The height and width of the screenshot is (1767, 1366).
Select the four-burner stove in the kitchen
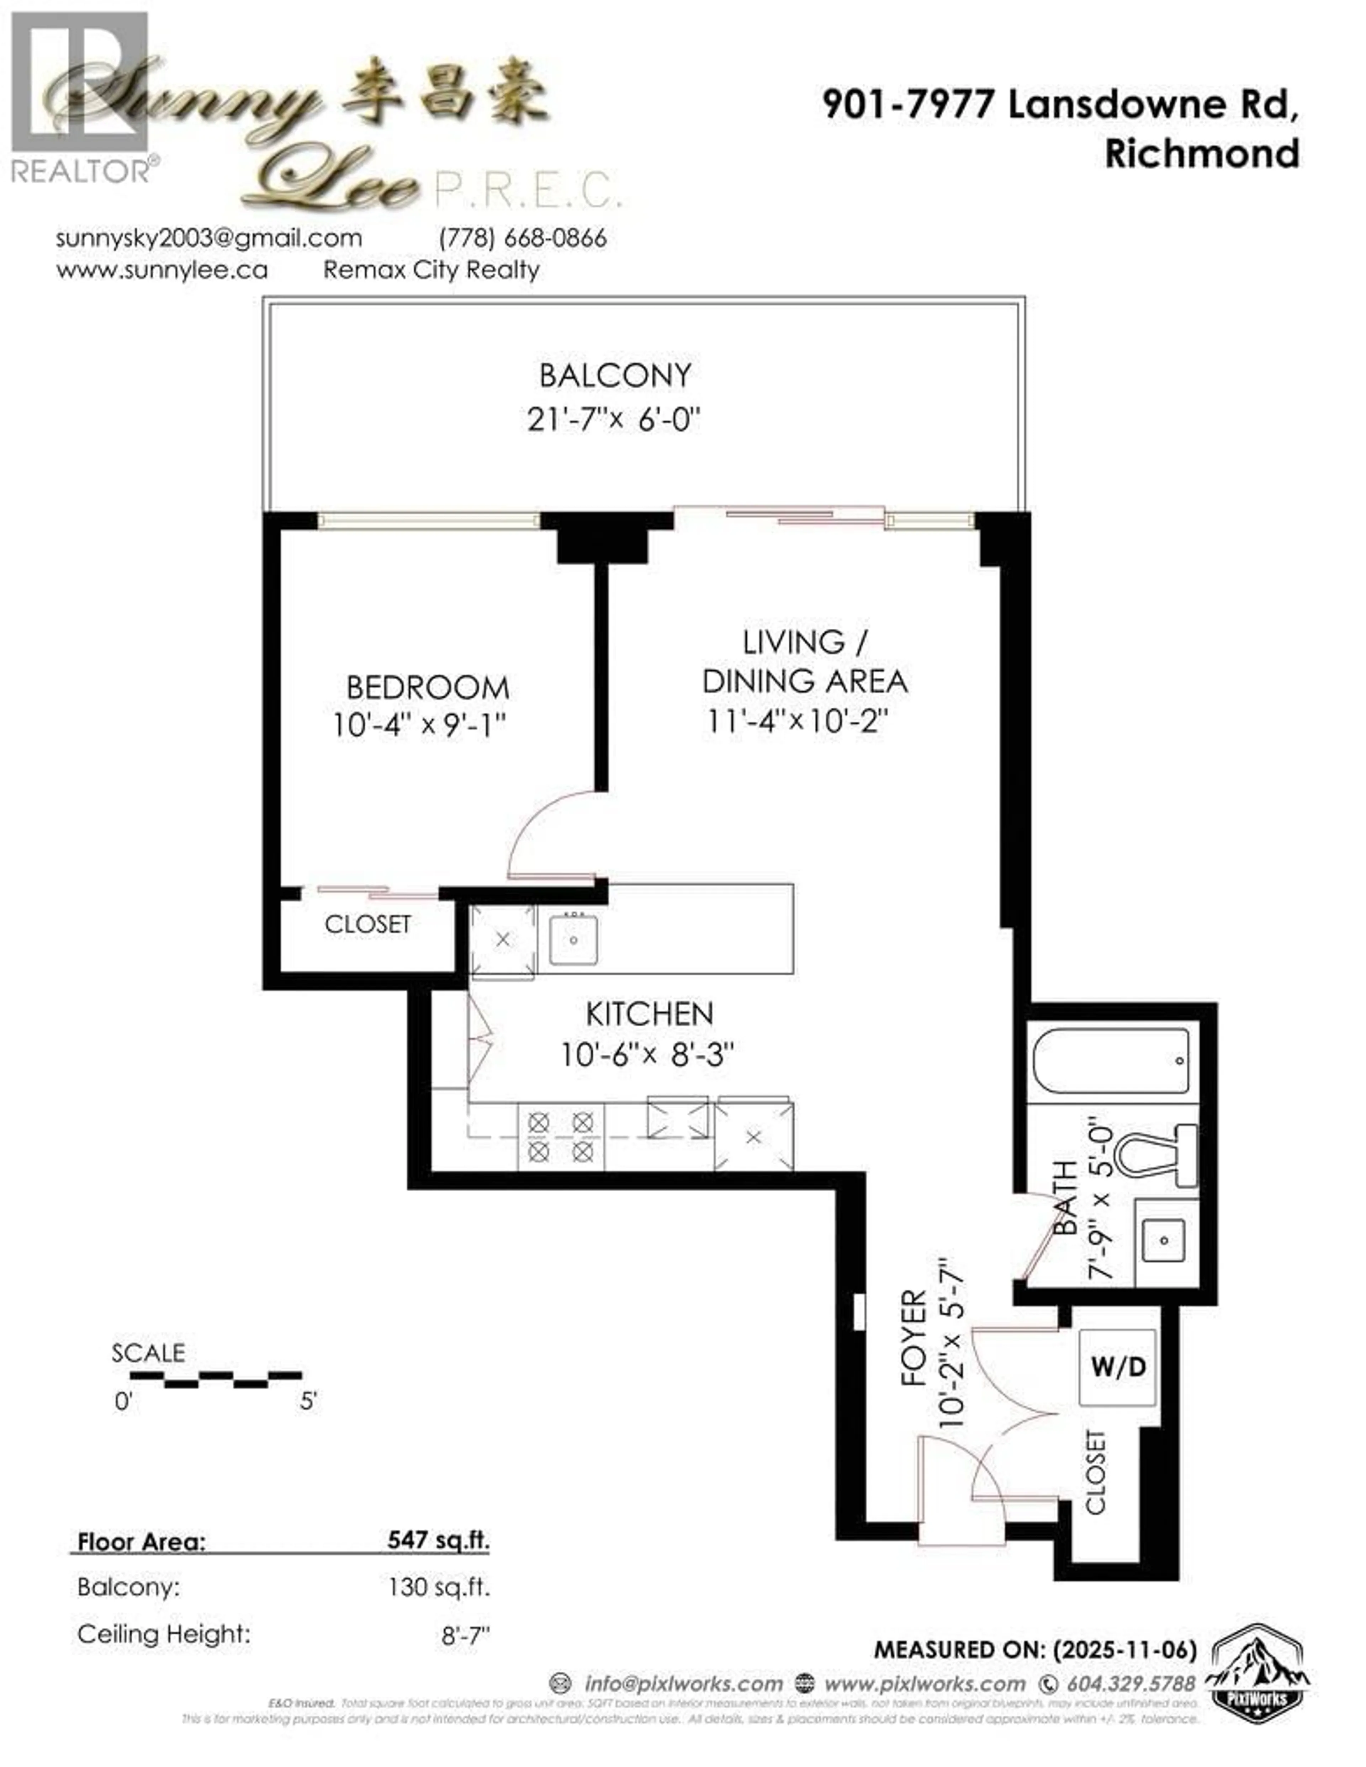(560, 1137)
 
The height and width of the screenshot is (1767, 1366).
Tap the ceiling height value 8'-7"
(466, 1635)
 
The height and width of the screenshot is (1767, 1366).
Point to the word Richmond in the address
(1202, 154)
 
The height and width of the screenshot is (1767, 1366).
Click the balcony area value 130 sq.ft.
(439, 1587)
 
